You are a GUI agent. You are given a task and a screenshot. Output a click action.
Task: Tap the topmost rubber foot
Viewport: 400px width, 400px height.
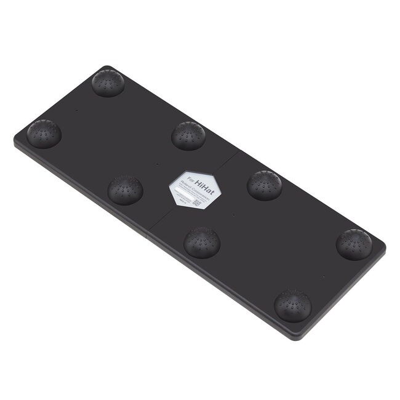(108, 82)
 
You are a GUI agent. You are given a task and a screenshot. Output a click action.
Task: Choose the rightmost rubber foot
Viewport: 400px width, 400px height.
(354, 244)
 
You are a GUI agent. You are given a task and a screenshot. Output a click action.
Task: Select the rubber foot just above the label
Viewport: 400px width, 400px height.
(188, 135)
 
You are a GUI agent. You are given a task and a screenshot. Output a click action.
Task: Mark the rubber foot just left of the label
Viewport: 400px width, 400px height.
(126, 190)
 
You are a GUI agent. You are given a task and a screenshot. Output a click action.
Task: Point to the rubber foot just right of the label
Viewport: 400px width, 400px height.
(265, 185)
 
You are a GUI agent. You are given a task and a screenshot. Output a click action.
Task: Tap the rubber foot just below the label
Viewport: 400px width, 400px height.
(202, 241)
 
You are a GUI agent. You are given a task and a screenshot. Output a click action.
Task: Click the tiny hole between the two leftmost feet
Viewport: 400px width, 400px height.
(76, 110)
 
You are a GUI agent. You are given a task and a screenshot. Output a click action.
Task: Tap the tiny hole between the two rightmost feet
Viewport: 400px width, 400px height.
(322, 277)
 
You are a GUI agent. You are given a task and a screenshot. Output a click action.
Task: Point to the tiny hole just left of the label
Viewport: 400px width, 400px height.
(158, 164)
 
